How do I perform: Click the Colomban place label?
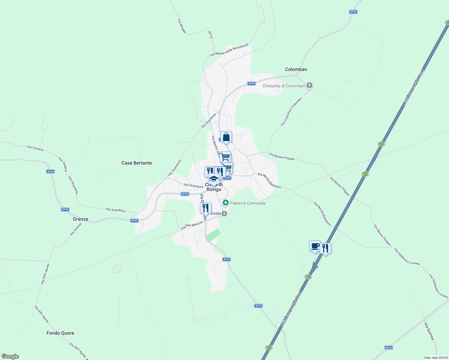coord(296,69)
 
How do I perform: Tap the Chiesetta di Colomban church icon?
coord(309,86)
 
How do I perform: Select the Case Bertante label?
coord(137,163)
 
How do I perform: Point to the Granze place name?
coord(80,219)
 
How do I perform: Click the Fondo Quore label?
coord(60,333)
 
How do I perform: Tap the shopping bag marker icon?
coord(226,137)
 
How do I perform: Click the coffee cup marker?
coord(315,246)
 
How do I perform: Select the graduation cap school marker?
coord(214,179)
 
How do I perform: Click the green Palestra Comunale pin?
coord(226,203)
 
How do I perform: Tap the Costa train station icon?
coord(224,214)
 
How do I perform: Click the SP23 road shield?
coord(388,348)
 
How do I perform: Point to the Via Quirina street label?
coord(429,331)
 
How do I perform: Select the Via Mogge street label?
coord(182,26)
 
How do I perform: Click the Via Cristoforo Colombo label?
coord(291,112)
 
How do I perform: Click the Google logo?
coord(10,356)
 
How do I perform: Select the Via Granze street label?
coord(76,229)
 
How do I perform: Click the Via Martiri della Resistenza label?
coord(229,50)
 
